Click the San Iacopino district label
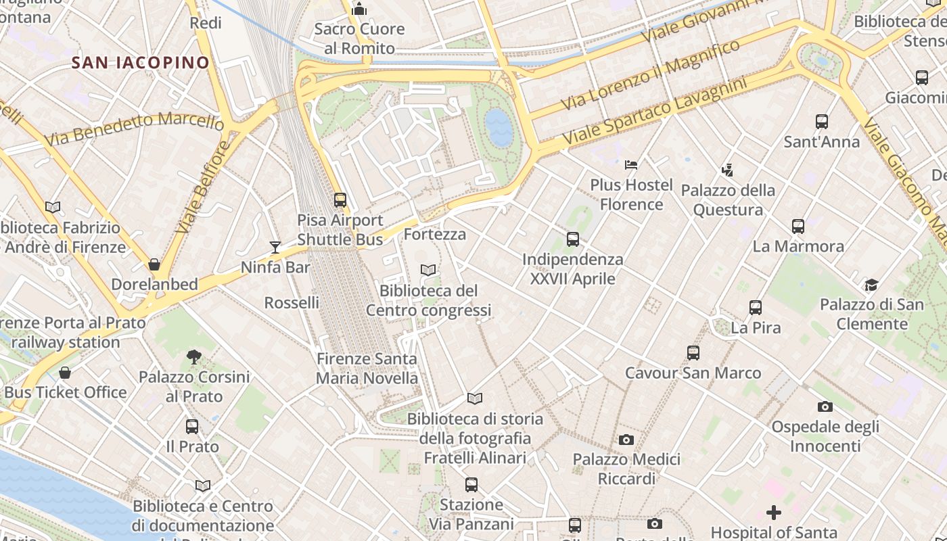point(141,63)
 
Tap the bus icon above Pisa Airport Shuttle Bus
point(340,200)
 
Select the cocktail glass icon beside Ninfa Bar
point(275,247)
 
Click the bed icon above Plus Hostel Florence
point(631,164)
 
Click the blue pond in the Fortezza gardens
point(499,127)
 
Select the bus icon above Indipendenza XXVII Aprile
point(573,239)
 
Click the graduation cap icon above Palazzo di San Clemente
point(871,285)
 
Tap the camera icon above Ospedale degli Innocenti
point(825,406)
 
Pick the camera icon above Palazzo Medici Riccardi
point(626,440)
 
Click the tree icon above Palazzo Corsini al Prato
point(194,356)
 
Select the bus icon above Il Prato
point(192,427)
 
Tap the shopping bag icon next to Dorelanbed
point(154,264)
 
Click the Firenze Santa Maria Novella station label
point(367,369)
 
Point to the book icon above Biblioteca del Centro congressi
point(428,270)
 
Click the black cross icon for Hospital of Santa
point(774,513)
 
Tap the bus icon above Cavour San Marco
point(693,353)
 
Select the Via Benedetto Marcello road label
point(134,129)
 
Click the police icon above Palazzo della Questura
point(727,170)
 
